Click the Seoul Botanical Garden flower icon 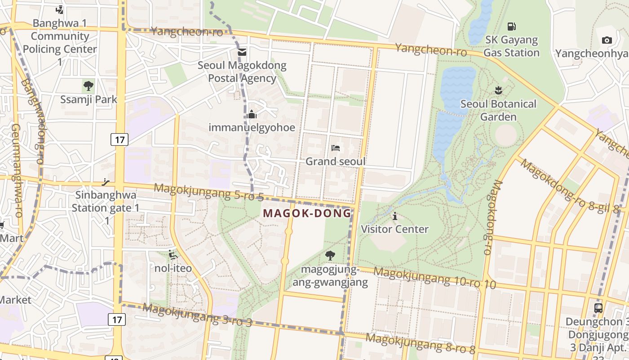(498, 90)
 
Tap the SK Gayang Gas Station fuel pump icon (511, 27)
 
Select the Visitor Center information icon (395, 216)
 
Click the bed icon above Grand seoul (335, 148)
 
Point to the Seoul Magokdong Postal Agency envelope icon (242, 52)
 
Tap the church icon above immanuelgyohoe (252, 114)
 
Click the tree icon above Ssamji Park (89, 85)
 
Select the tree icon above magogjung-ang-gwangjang (330, 256)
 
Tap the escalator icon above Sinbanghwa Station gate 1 (106, 182)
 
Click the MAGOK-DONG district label (307, 213)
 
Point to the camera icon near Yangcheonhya (607, 40)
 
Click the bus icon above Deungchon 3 (598, 308)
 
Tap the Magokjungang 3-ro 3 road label (197, 315)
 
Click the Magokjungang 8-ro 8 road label (420, 343)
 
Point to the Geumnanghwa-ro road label (16, 171)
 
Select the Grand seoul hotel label (335, 161)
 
